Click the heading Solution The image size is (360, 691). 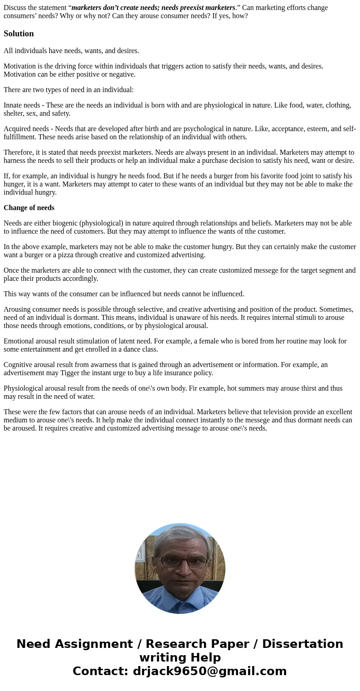point(19,34)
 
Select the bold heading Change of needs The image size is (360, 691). point(29,208)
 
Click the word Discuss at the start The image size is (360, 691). point(15,8)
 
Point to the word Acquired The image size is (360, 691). point(17,129)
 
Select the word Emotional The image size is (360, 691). point(19,341)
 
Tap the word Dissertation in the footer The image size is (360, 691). point(302,644)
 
